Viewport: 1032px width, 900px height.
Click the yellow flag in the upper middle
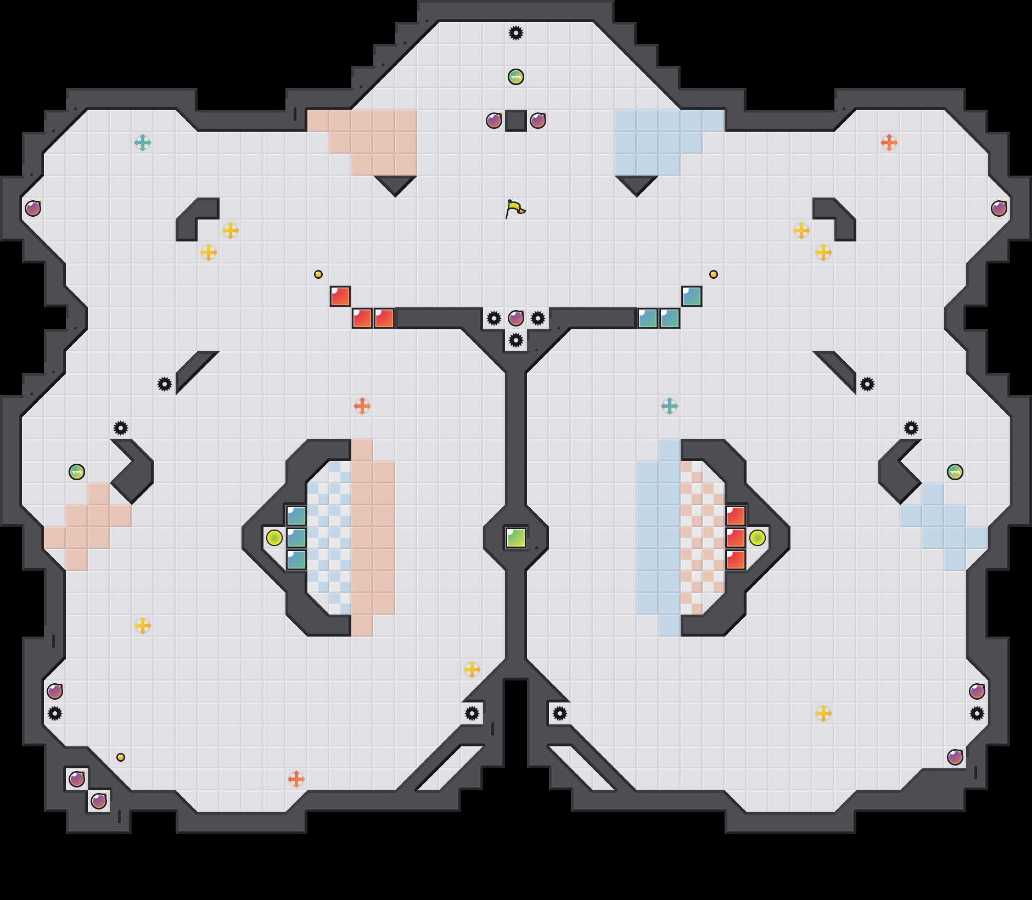pyautogui.click(x=515, y=209)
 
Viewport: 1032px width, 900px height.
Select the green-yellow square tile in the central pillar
pyautogui.click(x=516, y=538)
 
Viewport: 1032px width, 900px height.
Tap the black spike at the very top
pyautogui.click(x=516, y=33)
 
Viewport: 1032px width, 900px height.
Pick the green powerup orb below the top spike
pyautogui.click(x=516, y=77)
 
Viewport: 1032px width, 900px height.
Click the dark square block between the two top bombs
pyautogui.click(x=516, y=121)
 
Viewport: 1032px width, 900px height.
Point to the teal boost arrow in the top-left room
pyautogui.click(x=143, y=143)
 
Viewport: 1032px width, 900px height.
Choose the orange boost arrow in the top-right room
pyautogui.click(x=889, y=143)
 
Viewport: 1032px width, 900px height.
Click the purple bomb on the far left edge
pyautogui.click(x=33, y=209)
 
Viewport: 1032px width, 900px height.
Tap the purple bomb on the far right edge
pyautogui.click(x=999, y=209)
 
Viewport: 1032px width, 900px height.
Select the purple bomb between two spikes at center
pyautogui.click(x=516, y=318)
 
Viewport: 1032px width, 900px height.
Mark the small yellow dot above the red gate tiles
pyautogui.click(x=318, y=274)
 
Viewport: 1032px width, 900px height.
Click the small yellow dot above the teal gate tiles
pyautogui.click(x=714, y=274)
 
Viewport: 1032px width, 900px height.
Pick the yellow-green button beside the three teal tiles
pyautogui.click(x=274, y=538)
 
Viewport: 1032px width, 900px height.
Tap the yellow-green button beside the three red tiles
pyautogui.click(x=758, y=538)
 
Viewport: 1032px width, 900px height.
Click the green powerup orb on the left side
pyautogui.click(x=77, y=472)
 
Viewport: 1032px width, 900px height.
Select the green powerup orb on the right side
pyautogui.click(x=955, y=472)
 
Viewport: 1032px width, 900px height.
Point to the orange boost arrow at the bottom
pyautogui.click(x=296, y=779)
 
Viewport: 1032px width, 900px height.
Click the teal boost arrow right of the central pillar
pyautogui.click(x=670, y=406)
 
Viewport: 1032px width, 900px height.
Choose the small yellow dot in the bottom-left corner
pyautogui.click(x=121, y=757)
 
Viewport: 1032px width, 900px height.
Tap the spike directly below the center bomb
pyautogui.click(x=516, y=340)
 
